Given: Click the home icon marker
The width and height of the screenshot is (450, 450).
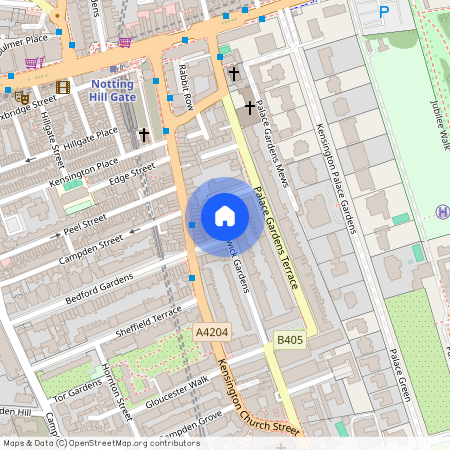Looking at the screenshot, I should [x=224, y=216].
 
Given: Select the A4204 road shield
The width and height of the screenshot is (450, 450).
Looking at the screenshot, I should [x=211, y=332].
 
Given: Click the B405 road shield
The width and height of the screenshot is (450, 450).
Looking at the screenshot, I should [x=290, y=341].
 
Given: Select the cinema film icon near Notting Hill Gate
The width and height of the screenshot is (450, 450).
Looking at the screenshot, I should [x=64, y=88].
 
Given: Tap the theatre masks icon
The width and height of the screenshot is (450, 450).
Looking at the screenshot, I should [x=21, y=96].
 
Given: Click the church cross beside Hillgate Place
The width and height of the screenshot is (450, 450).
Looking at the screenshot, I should [x=144, y=133].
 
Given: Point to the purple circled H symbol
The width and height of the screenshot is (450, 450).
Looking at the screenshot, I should [x=442, y=211].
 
